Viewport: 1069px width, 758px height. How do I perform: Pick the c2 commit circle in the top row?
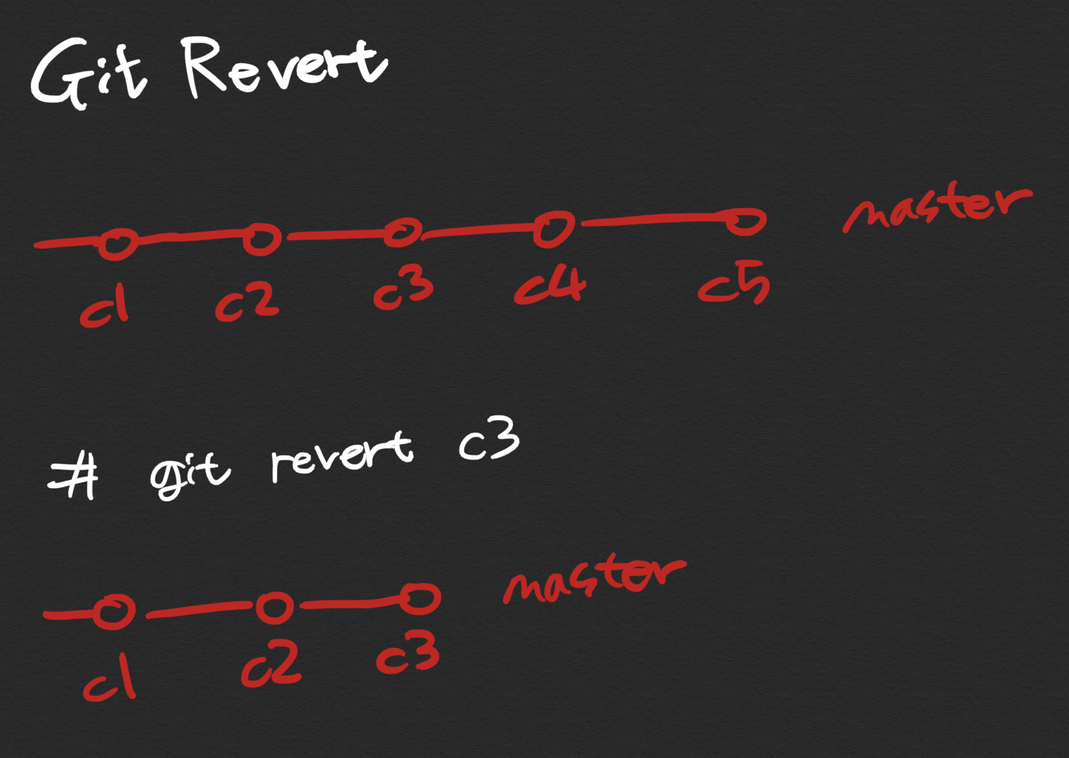[x=261, y=238]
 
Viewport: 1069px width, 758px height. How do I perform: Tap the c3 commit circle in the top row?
[x=402, y=232]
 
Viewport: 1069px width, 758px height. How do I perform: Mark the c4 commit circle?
[x=554, y=228]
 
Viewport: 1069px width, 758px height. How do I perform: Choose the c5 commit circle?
[x=745, y=221]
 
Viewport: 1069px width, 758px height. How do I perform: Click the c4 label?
[x=550, y=286]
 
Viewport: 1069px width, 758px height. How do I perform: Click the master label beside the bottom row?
[x=593, y=578]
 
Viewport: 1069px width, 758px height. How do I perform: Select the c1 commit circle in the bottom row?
[x=113, y=611]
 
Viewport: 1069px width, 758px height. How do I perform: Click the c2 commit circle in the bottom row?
[x=275, y=607]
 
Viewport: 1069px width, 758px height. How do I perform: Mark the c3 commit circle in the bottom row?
[x=419, y=599]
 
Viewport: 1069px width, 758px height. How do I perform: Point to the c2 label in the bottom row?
[x=271, y=665]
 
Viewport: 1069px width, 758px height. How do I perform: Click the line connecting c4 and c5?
[x=654, y=220]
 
